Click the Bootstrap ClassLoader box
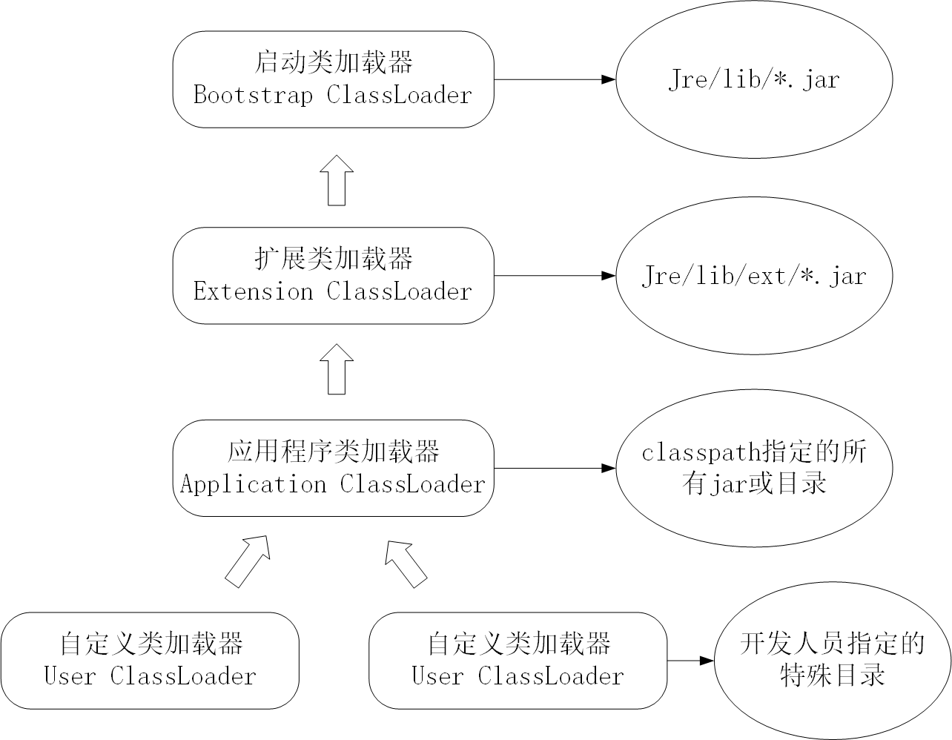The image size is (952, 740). pos(333,79)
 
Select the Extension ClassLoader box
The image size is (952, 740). pos(333,275)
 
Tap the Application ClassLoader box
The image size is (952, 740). pos(333,468)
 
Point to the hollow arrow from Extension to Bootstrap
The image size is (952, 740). pos(337,181)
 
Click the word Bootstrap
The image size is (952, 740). pos(252,96)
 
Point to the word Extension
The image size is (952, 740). pos(252,291)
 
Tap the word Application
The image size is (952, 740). pos(253,485)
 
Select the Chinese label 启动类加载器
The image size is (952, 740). pos(333,62)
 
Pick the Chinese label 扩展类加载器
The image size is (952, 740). pos(333,259)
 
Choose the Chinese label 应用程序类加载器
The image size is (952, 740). pos(333,452)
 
